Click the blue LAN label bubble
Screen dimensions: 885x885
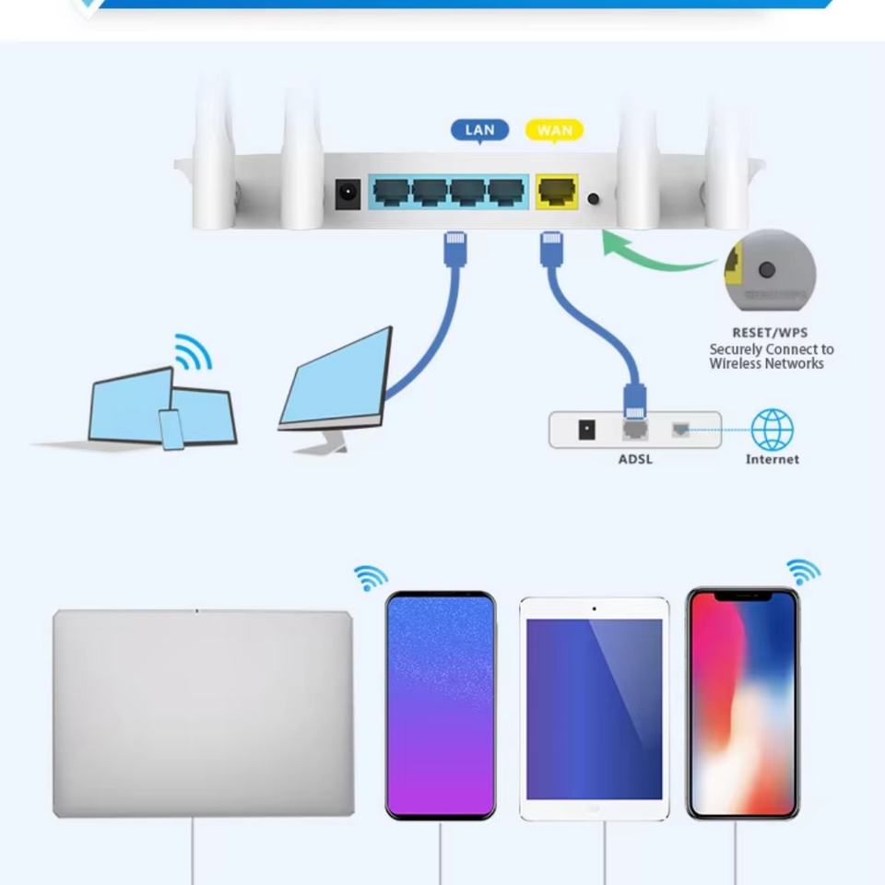pyautogui.click(x=479, y=130)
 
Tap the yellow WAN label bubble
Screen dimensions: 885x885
pyautogui.click(x=554, y=130)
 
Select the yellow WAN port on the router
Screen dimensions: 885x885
pyautogui.click(x=557, y=192)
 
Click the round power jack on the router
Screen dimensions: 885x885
pyautogui.click(x=348, y=194)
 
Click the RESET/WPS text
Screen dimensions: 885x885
pyautogui.click(x=770, y=333)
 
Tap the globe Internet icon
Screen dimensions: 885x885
pyautogui.click(x=772, y=430)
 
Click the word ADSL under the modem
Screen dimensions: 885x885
pyautogui.click(x=635, y=459)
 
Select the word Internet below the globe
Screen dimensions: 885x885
pyautogui.click(x=772, y=459)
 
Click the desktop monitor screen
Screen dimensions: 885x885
pyautogui.click(x=336, y=379)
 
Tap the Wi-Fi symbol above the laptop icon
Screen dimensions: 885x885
pyautogui.click(x=195, y=351)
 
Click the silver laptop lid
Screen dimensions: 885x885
pyautogui.click(x=203, y=713)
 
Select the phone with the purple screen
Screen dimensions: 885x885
pyautogui.click(x=441, y=705)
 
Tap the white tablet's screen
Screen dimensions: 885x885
pyautogui.click(x=594, y=708)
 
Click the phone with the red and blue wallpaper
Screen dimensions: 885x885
pyautogui.click(x=742, y=703)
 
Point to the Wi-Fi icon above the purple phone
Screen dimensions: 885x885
pyautogui.click(x=371, y=578)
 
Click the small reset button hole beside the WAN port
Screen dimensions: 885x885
pyautogui.click(x=593, y=198)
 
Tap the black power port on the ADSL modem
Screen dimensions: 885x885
pyautogui.click(x=585, y=430)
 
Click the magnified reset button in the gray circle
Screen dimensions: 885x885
pyautogui.click(x=766, y=270)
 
